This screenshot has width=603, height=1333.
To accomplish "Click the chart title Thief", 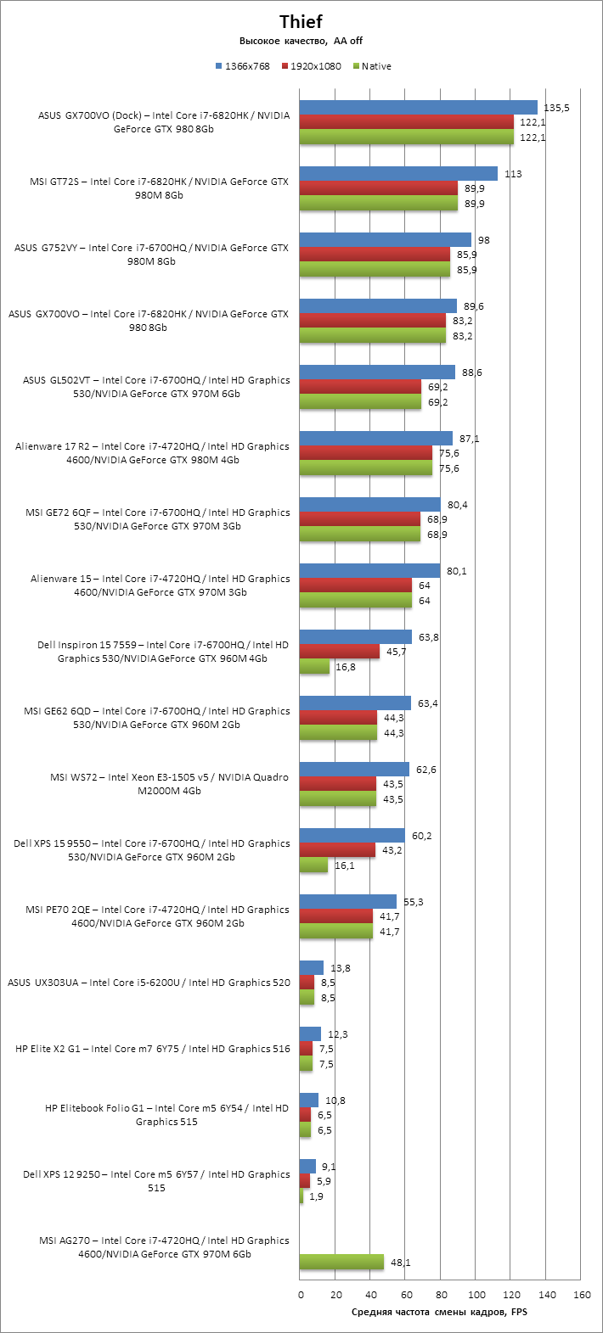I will click(x=301, y=22).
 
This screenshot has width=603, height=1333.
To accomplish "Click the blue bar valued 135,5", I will click(x=419, y=107).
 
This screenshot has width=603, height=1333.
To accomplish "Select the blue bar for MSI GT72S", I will click(x=398, y=173).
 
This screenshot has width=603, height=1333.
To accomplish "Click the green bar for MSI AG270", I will click(x=341, y=1262).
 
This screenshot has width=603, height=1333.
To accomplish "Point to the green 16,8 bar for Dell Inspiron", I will click(x=314, y=666).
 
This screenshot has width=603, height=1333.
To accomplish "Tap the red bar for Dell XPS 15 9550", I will click(x=337, y=849).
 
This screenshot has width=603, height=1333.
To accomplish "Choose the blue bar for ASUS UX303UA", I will click(x=312, y=967).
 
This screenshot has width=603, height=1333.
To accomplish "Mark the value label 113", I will click(x=513, y=174).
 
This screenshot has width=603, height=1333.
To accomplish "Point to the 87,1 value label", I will click(x=470, y=439).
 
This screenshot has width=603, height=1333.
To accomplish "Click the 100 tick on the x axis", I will click(x=476, y=1295).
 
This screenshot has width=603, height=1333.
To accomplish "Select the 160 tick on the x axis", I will click(x=582, y=1295).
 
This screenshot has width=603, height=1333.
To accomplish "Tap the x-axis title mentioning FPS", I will click(x=440, y=1313).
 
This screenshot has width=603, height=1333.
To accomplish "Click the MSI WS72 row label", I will click(x=169, y=784).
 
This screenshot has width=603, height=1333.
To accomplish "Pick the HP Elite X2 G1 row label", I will click(x=153, y=1049).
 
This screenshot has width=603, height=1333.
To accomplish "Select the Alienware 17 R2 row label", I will click(x=152, y=453).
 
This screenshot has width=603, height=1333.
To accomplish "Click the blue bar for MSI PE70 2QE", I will click(x=348, y=901).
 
